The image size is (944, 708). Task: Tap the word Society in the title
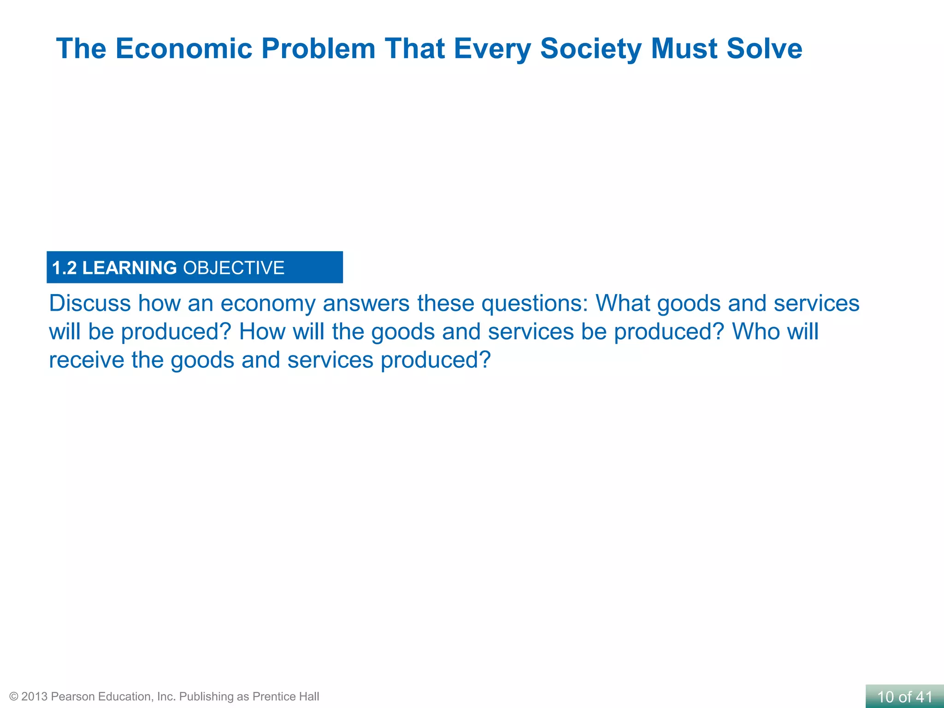(590, 48)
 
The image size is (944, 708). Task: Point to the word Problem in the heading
(319, 48)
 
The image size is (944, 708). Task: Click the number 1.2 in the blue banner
(64, 268)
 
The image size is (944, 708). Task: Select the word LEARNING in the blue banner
(130, 268)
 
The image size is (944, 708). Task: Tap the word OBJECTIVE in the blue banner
(234, 268)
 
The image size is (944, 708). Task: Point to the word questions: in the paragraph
(535, 304)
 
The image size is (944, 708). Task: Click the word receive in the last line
(86, 360)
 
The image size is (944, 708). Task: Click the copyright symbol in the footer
(14, 696)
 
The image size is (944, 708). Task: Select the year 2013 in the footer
(35, 696)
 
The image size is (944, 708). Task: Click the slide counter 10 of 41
(904, 697)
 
